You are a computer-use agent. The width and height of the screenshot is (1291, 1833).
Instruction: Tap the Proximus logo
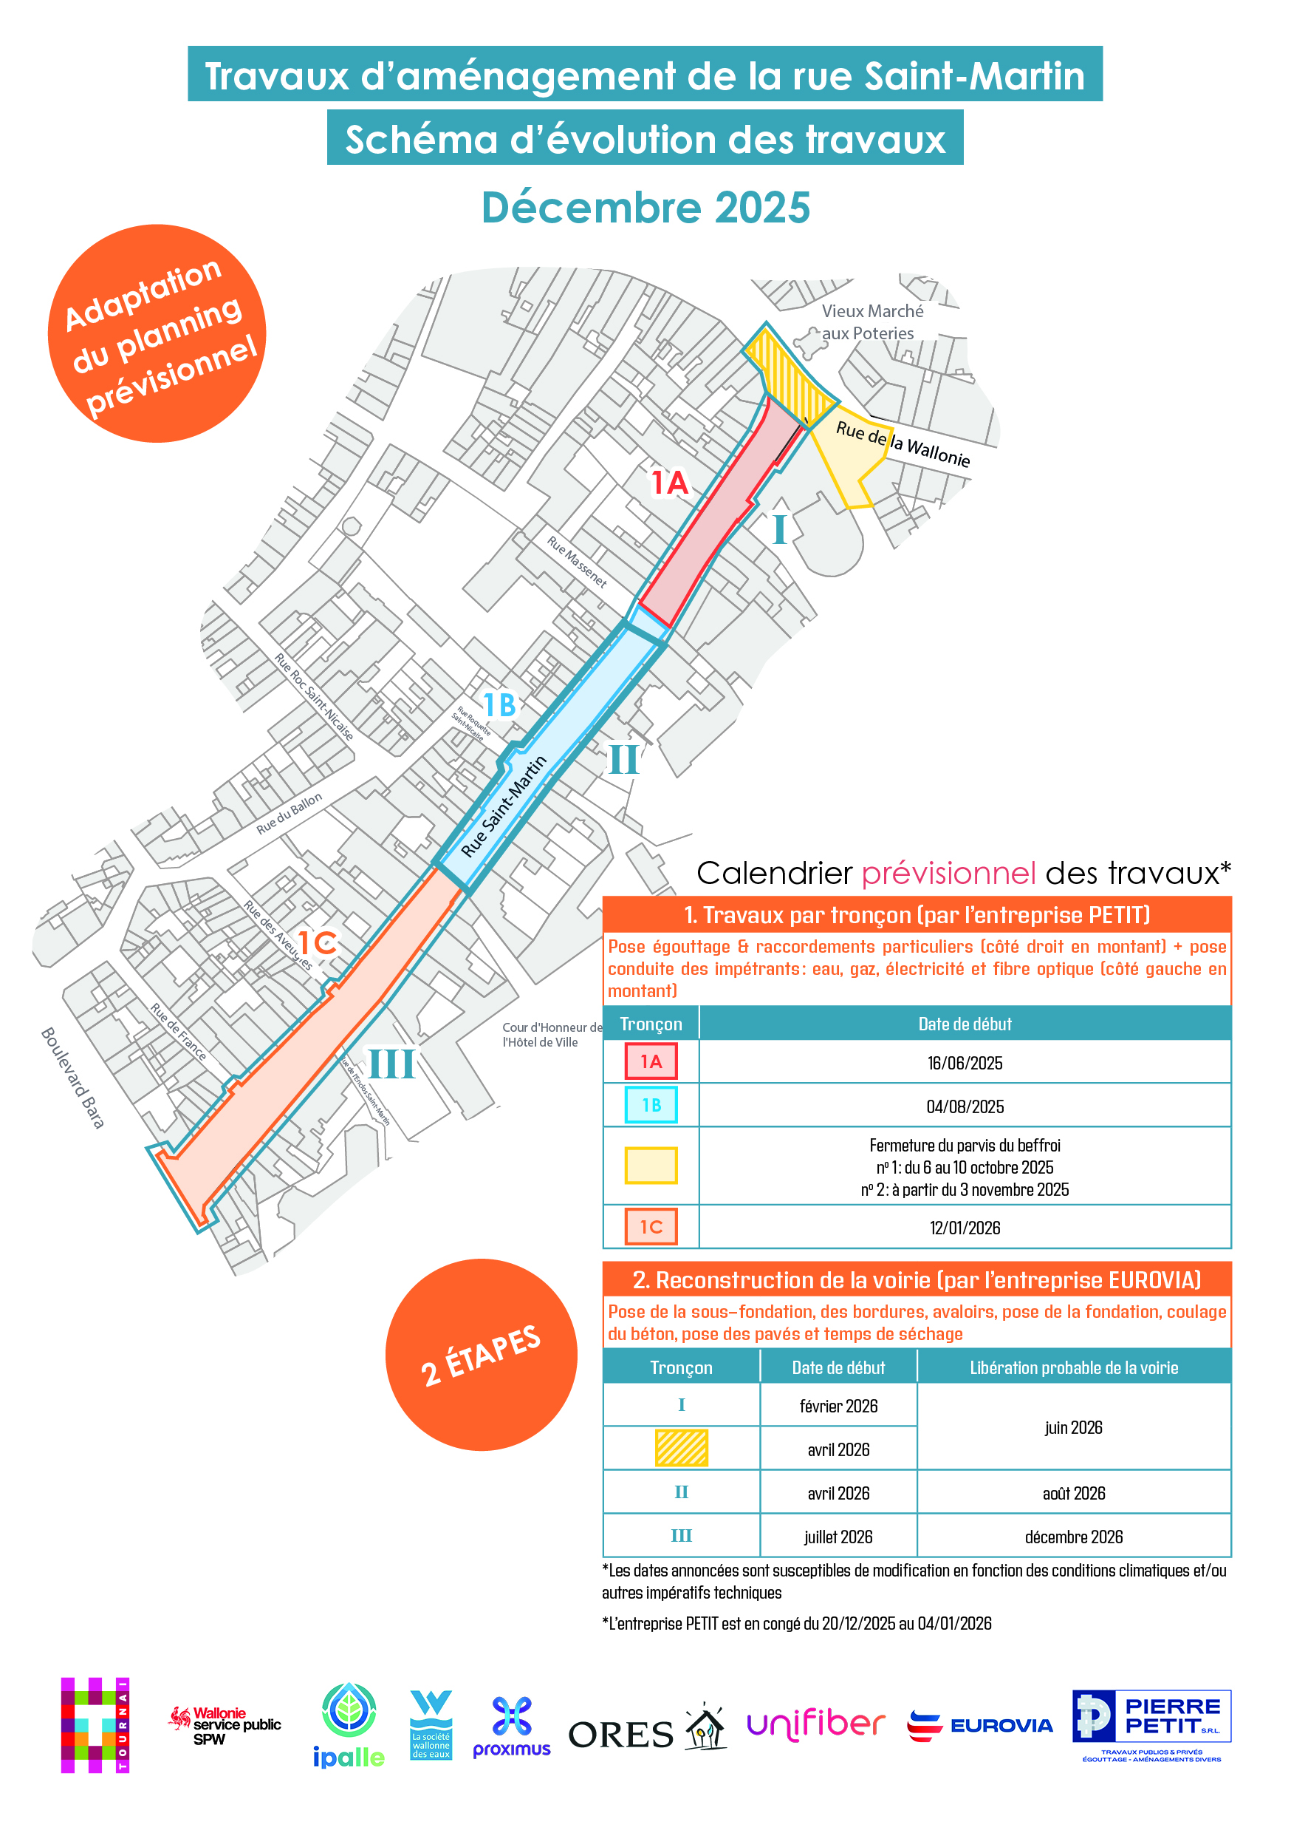pos(512,1726)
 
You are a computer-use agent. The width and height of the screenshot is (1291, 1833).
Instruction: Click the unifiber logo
pos(815,1724)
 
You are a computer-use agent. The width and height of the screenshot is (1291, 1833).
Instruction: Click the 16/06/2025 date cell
pos(964,1063)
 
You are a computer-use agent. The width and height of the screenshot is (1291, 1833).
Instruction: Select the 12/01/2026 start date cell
pos(964,1227)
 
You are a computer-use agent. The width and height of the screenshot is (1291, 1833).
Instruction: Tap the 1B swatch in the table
pos(651,1105)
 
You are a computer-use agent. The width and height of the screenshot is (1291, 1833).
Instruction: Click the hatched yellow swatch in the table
pos(681,1447)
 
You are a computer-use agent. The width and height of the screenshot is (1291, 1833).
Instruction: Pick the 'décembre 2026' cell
pos(1073,1536)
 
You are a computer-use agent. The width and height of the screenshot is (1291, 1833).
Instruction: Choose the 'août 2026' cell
pos(1073,1493)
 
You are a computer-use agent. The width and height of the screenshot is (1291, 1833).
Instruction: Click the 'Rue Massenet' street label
pos(576,561)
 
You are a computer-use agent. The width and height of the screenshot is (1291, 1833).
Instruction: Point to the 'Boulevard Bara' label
pos(72,1077)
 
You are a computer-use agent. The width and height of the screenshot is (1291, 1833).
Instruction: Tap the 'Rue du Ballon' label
pos(289,813)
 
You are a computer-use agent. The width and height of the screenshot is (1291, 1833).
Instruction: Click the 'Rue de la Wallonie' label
pos(903,444)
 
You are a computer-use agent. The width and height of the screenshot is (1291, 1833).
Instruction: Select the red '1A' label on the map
pos(668,483)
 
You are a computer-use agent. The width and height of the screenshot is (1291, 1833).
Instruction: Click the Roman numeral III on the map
pos(391,1064)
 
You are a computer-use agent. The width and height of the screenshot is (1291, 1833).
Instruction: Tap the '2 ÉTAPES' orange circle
pos(481,1354)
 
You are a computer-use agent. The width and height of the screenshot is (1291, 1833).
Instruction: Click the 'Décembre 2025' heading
pos(645,208)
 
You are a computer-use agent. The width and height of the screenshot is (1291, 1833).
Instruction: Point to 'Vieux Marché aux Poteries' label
pos(871,322)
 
